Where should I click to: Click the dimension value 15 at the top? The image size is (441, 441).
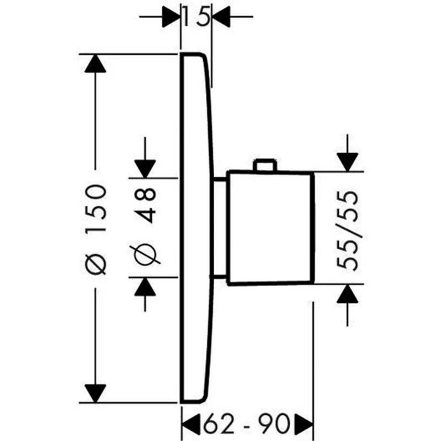197,17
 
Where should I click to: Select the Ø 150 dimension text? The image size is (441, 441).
95,229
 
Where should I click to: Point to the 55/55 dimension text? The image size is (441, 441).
348,230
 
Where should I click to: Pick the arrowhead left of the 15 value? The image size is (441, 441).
171,17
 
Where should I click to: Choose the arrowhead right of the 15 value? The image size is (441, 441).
221,17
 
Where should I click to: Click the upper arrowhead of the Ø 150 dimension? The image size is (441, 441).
95,63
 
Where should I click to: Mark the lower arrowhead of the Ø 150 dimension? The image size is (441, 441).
95,394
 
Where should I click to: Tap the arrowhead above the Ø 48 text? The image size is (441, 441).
145,169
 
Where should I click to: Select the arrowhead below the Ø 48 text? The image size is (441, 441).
145,287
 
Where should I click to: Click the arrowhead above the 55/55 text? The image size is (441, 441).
348,162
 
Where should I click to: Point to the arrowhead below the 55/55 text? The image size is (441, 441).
348,294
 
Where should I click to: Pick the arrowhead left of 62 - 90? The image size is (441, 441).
191,423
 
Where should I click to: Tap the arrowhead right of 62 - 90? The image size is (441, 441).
304,423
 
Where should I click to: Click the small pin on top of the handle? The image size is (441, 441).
265,165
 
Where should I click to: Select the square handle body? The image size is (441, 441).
271,228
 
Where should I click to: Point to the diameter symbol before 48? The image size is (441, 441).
145,254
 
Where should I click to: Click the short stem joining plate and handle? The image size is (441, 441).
220,228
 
